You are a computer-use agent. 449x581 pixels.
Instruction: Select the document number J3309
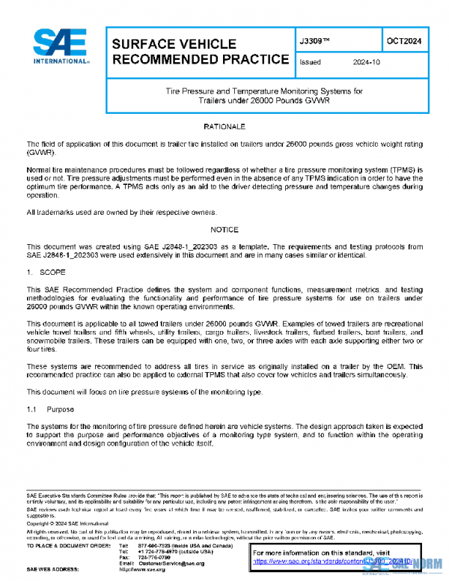(314, 41)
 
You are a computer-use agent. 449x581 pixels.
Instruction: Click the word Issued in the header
(310, 63)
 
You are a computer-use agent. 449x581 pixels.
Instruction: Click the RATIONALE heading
(224, 127)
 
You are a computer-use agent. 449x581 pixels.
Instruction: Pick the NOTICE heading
(224, 229)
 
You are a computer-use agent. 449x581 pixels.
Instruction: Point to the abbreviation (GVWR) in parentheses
(41, 152)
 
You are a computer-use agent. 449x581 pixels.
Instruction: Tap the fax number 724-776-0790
(154, 557)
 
